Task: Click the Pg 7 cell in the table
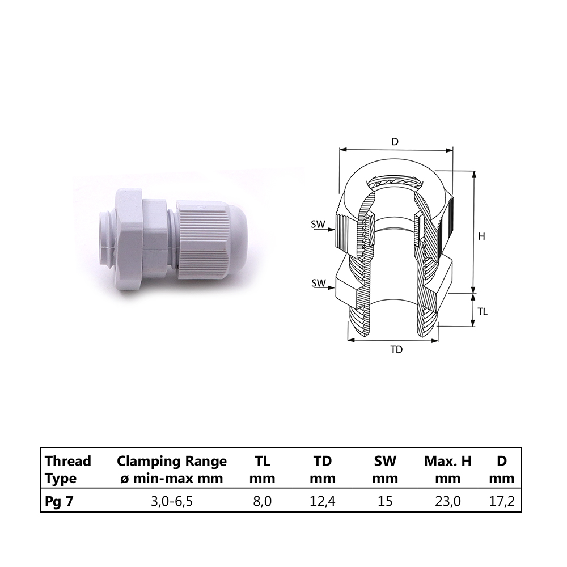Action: [59, 502]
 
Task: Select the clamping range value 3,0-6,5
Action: [172, 502]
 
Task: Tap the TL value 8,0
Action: [262, 502]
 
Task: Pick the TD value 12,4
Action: [323, 502]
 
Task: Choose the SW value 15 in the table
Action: [385, 502]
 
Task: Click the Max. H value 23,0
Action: [448, 502]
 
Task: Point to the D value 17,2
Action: [502, 502]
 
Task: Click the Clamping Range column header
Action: [172, 469]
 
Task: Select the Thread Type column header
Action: [68, 469]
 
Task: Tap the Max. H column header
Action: [448, 469]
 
